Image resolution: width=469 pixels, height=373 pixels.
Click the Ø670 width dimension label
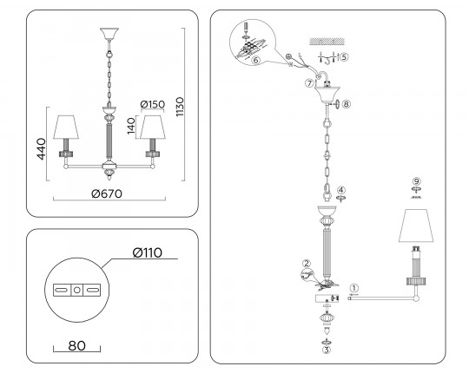(x=107, y=193)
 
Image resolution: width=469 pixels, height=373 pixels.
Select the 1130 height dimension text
(x=180, y=107)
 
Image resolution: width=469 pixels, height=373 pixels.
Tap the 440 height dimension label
(x=41, y=148)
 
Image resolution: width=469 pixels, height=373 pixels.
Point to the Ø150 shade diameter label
(x=153, y=104)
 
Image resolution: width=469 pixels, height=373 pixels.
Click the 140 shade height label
(x=131, y=126)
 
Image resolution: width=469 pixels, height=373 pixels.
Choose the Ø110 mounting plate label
(x=148, y=252)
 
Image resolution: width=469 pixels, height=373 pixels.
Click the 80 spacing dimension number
(x=77, y=345)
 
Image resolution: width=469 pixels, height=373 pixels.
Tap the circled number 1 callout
(x=353, y=288)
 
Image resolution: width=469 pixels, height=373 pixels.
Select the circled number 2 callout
(x=307, y=264)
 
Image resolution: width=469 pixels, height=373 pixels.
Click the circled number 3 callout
(x=327, y=350)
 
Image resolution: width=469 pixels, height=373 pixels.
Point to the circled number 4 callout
(x=341, y=190)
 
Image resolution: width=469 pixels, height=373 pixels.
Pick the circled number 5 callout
(x=344, y=56)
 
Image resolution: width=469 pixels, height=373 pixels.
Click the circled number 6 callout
(x=255, y=60)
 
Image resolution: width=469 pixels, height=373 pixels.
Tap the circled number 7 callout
(x=309, y=82)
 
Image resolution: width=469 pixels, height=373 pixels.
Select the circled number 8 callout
(x=346, y=104)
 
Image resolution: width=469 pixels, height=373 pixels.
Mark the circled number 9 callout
(x=417, y=181)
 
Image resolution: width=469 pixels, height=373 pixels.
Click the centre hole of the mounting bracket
(x=77, y=290)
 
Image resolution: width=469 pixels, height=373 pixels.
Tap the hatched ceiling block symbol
(x=327, y=42)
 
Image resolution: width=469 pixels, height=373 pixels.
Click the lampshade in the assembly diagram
(x=416, y=226)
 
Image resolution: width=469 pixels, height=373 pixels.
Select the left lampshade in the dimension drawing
(x=66, y=127)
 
